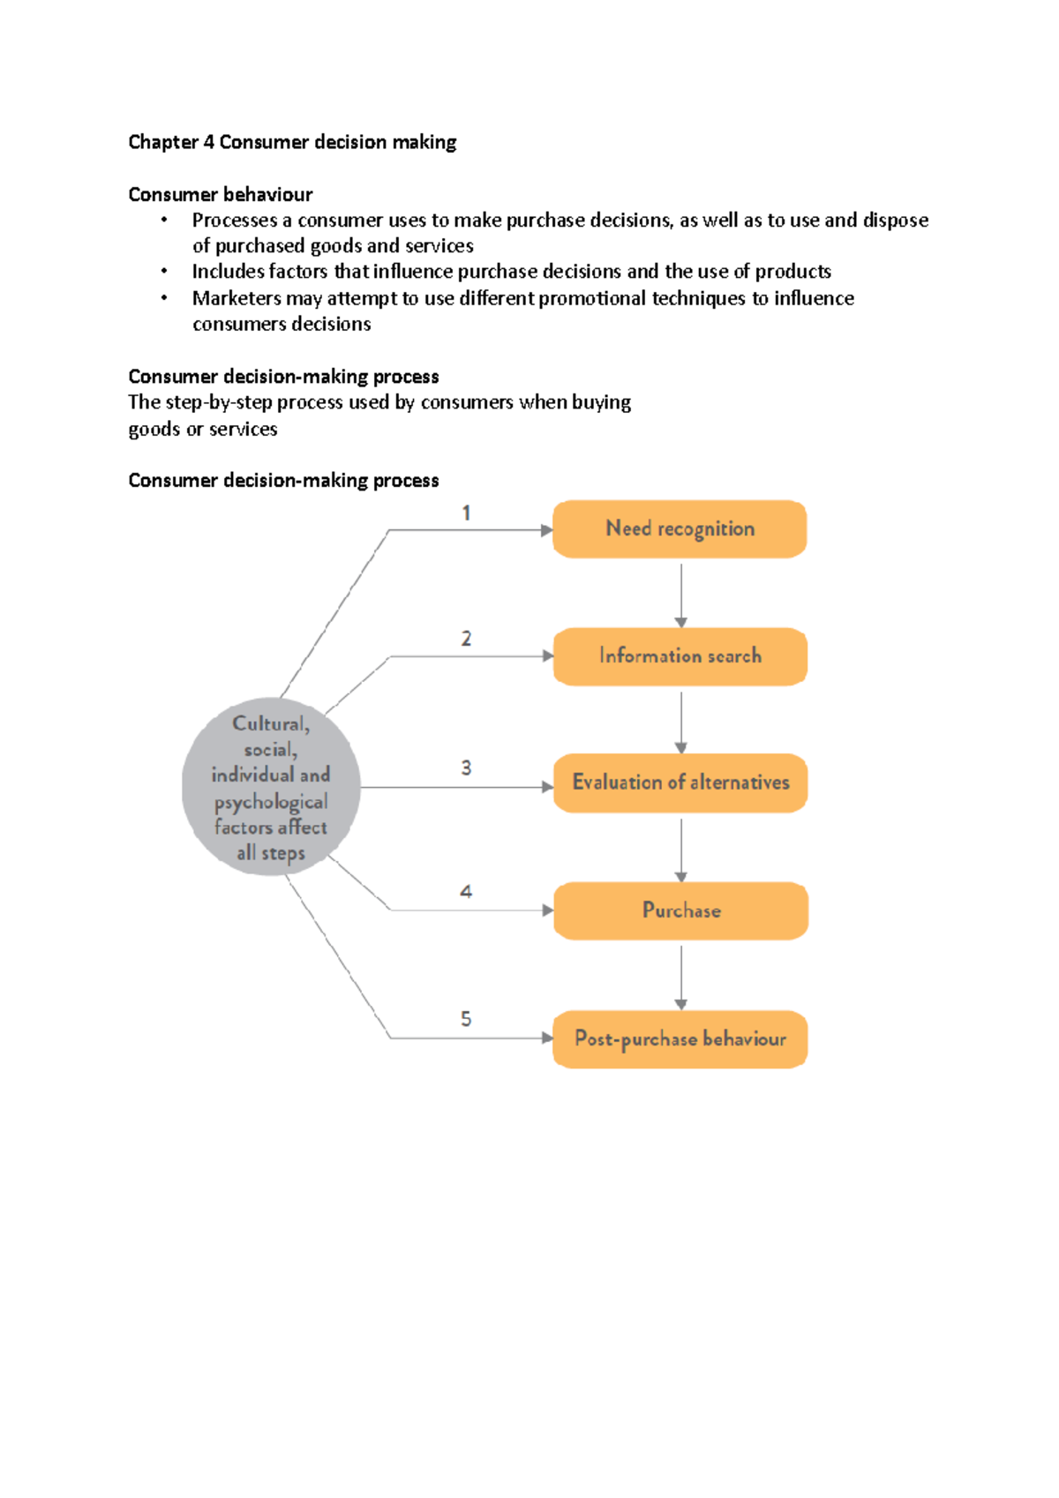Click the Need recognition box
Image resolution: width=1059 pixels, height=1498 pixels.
tap(680, 529)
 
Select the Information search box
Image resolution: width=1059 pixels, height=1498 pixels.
tap(680, 656)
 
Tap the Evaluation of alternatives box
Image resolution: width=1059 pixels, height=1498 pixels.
tap(680, 783)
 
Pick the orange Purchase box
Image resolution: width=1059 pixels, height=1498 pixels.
tap(680, 910)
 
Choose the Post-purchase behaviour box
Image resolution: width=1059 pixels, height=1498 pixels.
tap(680, 1039)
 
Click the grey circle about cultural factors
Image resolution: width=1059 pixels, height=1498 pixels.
tap(271, 787)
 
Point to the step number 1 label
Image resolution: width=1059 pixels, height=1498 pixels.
tap(466, 513)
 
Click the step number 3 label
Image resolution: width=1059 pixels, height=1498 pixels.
tap(466, 768)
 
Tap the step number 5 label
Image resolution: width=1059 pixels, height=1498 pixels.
tap(466, 1019)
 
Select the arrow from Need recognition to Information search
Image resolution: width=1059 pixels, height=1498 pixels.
tap(680, 595)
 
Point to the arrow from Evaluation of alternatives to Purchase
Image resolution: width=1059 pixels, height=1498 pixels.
tap(680, 849)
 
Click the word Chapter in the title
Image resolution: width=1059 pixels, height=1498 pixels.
tap(163, 142)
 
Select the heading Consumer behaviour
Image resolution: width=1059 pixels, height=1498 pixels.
tap(221, 194)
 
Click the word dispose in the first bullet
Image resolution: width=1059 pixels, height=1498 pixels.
tap(895, 220)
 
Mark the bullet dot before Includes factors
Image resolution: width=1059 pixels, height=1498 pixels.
tap(164, 271)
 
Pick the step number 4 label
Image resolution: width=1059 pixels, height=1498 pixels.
tap(466, 892)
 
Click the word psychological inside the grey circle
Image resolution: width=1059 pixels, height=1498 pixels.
tap(271, 802)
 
